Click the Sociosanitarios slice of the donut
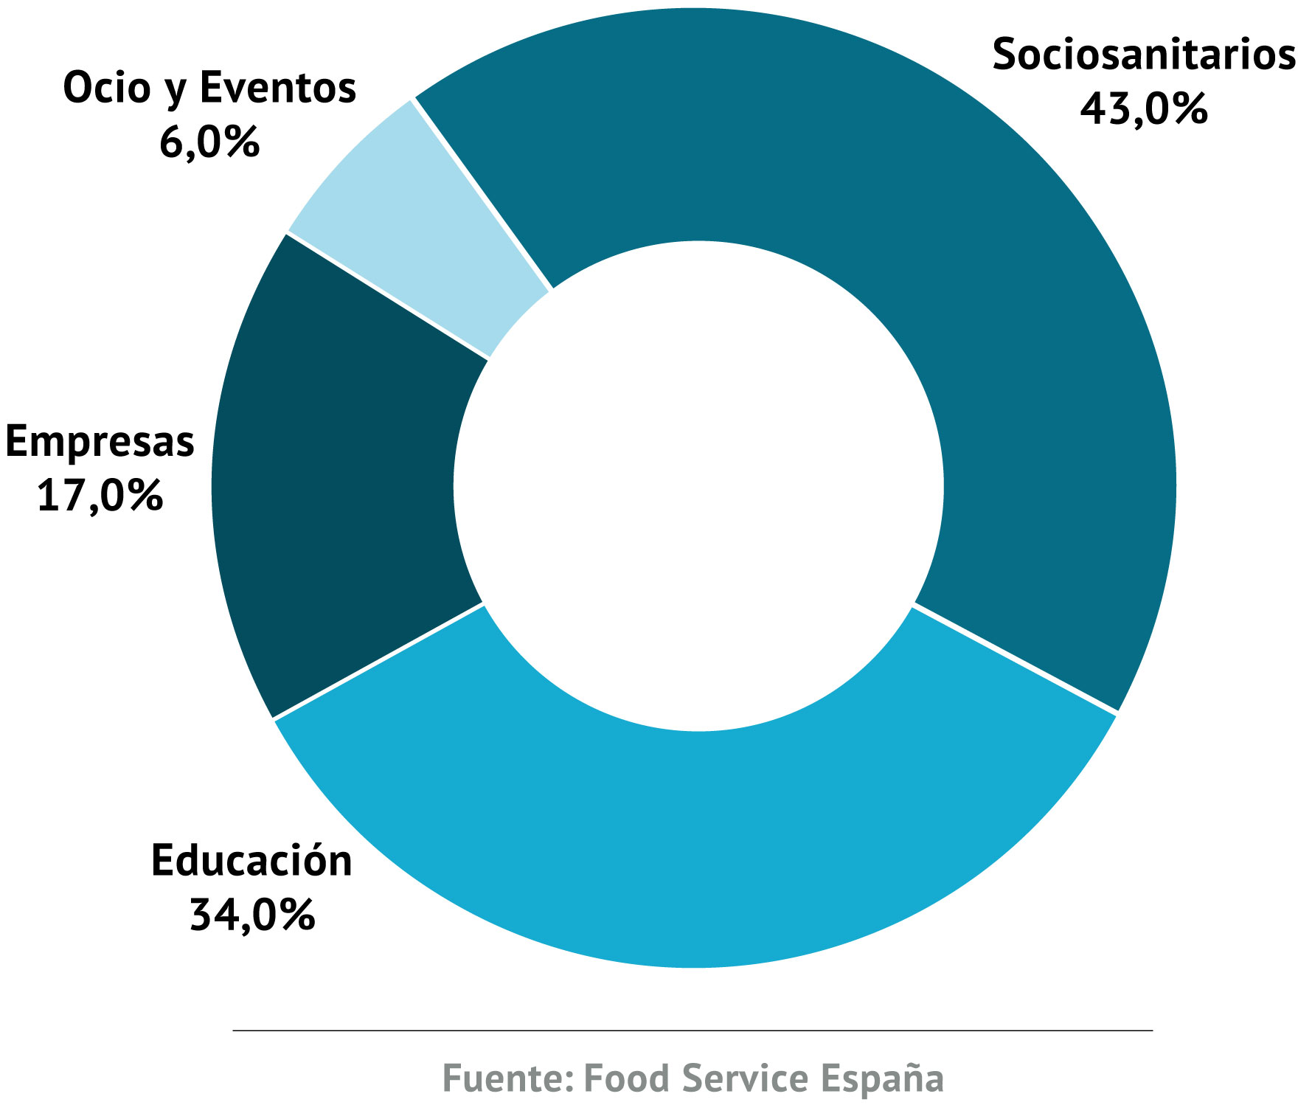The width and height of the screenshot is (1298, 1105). (x=959, y=295)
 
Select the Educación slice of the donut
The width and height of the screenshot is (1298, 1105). (x=693, y=848)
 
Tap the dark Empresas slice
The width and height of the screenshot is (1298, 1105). (x=339, y=479)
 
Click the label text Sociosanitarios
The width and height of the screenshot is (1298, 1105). (x=1143, y=55)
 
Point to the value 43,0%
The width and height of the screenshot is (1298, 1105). (x=1143, y=109)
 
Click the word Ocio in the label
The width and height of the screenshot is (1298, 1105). (x=106, y=87)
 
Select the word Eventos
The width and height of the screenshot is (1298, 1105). (x=278, y=87)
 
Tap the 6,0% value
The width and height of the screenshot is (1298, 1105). (x=209, y=142)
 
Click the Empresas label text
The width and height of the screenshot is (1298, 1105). (x=100, y=441)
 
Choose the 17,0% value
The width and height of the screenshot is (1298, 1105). (x=100, y=495)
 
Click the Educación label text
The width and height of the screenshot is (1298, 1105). (x=252, y=860)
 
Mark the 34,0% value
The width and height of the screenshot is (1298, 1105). (x=252, y=915)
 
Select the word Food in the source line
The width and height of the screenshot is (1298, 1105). (x=627, y=1078)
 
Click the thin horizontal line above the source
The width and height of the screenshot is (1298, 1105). (x=693, y=1030)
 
